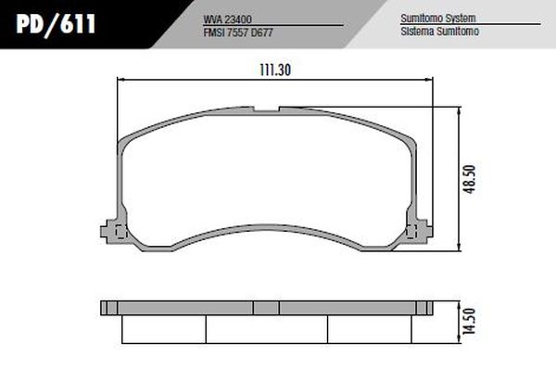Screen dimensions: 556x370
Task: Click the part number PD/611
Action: click(56, 24)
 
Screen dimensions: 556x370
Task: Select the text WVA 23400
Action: click(228, 19)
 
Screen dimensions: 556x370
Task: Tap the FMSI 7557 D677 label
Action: click(238, 32)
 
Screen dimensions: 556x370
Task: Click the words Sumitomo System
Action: click(438, 19)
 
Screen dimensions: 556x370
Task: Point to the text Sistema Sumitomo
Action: click(439, 32)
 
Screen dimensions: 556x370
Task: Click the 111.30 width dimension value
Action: click(275, 70)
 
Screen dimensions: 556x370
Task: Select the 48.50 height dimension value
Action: click(470, 179)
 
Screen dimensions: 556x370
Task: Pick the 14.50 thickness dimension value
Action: click(469, 322)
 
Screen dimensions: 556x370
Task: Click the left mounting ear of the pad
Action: click(109, 232)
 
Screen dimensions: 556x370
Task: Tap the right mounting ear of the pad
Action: click(424, 231)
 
